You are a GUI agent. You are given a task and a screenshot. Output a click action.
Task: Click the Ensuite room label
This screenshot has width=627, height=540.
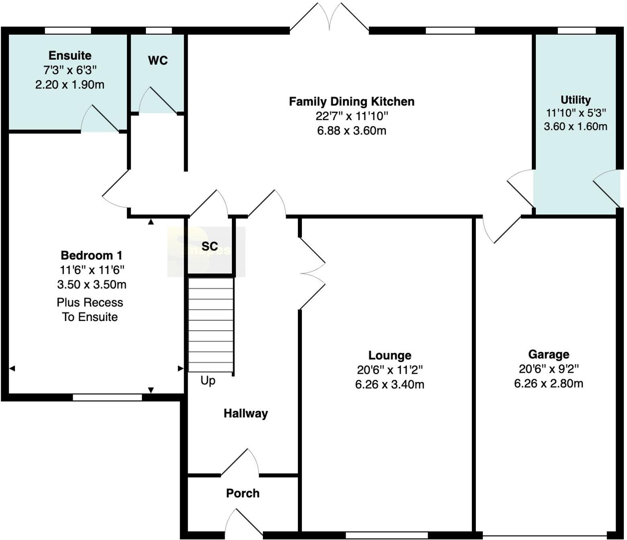point(70,55)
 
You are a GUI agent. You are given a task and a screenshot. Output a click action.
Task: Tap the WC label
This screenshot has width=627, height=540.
point(158,61)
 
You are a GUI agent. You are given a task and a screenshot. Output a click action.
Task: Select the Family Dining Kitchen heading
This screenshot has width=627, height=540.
point(352,102)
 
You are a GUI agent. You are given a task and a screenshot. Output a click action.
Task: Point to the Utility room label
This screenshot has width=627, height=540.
point(576,100)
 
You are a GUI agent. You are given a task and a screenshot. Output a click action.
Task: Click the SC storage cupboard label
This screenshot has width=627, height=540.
point(210,246)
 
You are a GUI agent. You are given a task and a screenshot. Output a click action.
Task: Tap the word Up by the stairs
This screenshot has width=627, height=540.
point(208,381)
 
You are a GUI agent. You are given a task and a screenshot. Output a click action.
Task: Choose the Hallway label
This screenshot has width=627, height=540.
point(246,413)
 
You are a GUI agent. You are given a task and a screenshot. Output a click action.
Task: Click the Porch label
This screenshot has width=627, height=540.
point(243,494)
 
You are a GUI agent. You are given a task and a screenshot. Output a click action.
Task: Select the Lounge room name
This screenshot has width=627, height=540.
point(390,355)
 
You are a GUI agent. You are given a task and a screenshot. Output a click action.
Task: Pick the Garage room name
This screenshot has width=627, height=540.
point(549,354)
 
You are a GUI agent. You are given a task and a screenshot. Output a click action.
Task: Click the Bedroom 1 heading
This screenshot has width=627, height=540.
point(91,256)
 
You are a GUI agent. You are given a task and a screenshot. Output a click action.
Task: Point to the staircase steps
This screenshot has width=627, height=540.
point(211,325)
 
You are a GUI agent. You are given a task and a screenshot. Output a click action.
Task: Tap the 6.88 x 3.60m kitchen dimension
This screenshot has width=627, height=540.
point(352,131)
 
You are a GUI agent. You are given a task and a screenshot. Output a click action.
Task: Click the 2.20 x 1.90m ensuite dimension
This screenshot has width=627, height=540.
point(70,85)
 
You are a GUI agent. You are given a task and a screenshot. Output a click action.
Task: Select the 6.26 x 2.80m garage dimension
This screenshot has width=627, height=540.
point(549,384)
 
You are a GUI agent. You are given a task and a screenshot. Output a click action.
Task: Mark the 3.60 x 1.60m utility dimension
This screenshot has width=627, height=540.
point(576,127)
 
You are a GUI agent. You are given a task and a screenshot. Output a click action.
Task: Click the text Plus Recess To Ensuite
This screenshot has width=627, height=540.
point(90,310)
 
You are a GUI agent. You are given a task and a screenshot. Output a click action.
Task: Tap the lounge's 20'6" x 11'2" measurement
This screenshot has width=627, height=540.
point(390,370)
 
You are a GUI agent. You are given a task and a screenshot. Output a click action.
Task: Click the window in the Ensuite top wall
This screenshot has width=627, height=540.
point(68,31)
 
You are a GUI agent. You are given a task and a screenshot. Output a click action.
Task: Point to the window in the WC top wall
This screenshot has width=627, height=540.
point(159,31)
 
